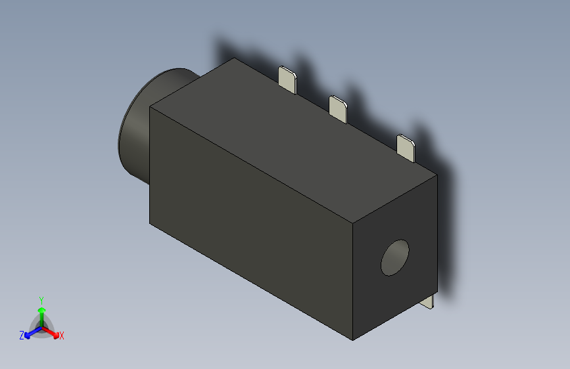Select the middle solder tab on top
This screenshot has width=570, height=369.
338,108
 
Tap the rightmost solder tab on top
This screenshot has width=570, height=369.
406,148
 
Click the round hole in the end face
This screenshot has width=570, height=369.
395,257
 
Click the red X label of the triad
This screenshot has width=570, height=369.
62,336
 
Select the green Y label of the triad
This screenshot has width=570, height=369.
41,299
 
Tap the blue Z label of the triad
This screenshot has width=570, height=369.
22,336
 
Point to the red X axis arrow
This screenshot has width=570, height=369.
53,332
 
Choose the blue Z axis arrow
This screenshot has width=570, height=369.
30,332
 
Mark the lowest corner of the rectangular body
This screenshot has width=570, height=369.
353,340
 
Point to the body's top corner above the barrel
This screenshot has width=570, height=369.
235,58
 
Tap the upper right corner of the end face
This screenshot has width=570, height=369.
437,175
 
